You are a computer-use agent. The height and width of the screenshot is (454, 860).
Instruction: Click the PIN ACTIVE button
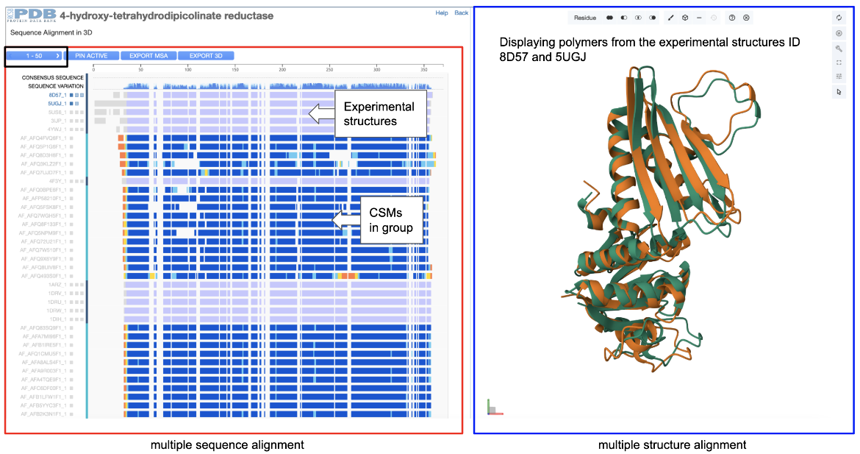91,56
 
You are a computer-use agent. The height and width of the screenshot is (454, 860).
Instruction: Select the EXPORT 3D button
206,56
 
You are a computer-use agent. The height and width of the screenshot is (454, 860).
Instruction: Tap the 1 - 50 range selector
37,56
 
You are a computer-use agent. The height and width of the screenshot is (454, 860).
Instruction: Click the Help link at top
441,13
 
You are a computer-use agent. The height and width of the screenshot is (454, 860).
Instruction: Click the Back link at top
461,13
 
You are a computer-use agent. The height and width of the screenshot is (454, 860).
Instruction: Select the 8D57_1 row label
57,95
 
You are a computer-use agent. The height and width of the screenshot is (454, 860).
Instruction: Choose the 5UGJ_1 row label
57,104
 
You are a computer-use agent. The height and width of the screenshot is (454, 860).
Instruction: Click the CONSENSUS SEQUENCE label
52,77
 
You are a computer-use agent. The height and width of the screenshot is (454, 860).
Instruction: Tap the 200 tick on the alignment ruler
282,69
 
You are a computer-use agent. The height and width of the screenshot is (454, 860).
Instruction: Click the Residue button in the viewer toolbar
585,18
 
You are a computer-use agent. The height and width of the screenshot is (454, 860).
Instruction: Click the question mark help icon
731,18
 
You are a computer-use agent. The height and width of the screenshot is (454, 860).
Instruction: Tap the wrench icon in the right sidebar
839,48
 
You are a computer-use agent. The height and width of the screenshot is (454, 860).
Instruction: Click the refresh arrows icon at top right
839,18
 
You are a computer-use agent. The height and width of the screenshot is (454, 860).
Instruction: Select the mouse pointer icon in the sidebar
839,92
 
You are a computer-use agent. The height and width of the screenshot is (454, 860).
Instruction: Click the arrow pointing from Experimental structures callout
320,113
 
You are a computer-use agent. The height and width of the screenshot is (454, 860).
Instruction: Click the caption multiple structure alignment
672,444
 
